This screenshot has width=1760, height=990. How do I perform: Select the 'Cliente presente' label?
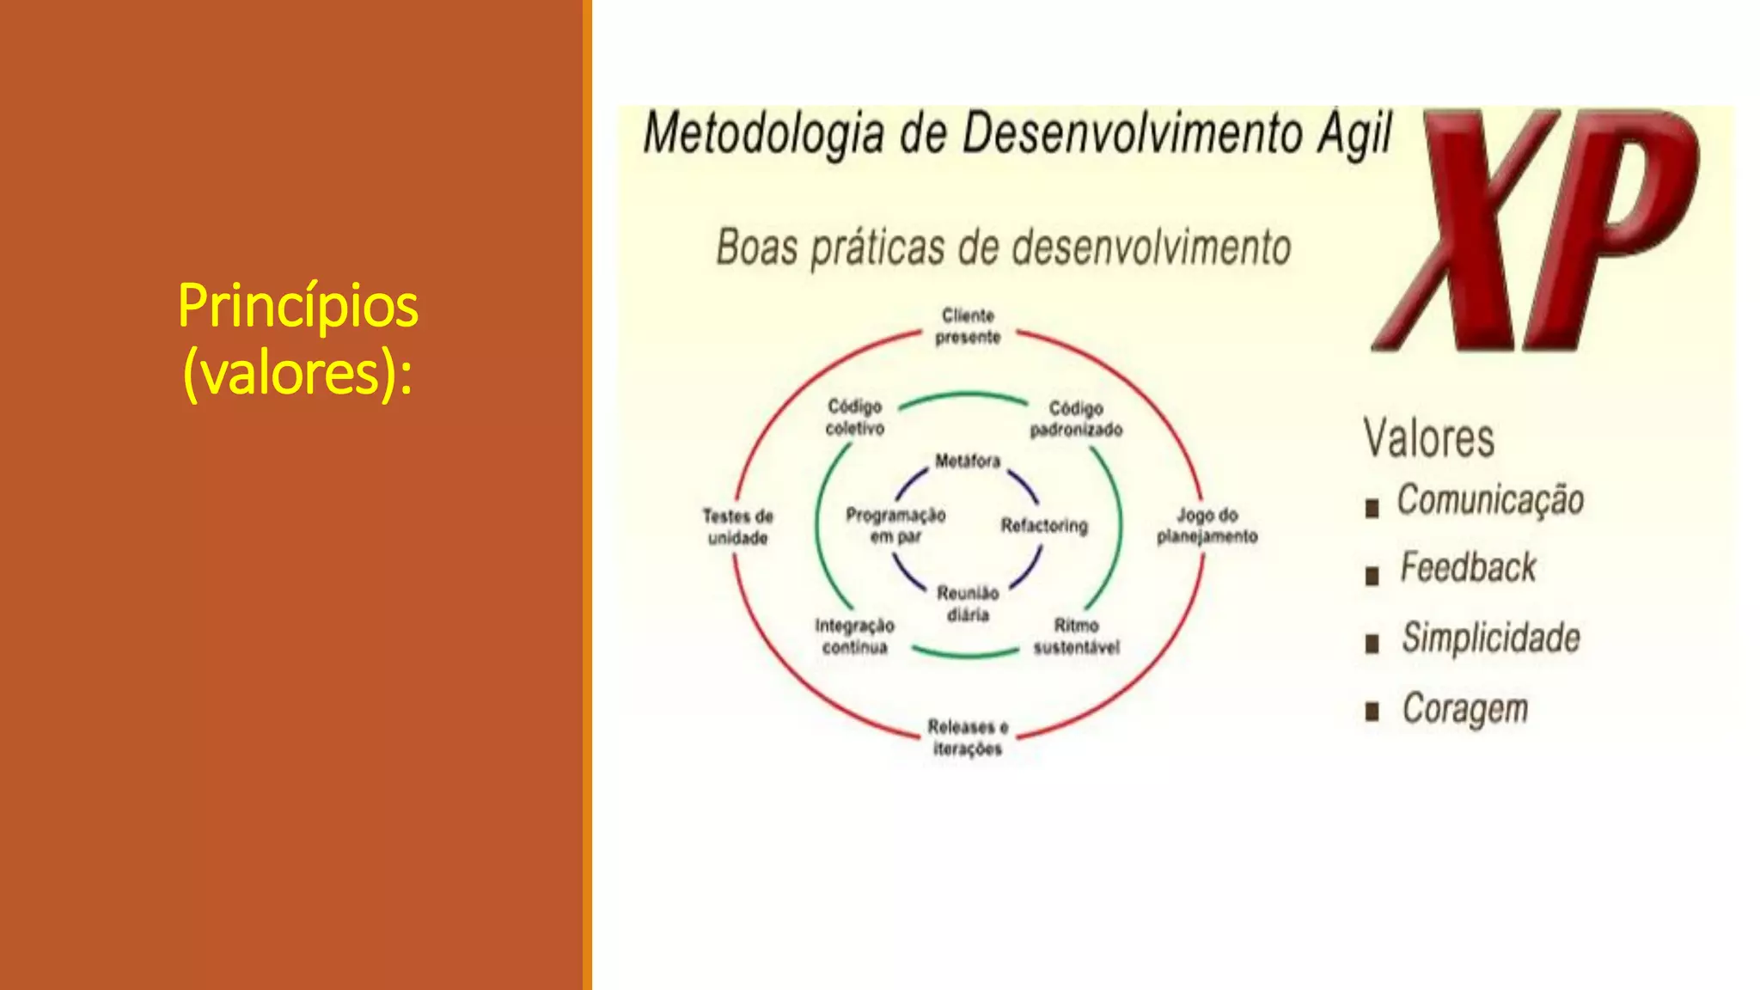(968, 327)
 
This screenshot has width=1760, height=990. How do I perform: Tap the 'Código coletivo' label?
(854, 417)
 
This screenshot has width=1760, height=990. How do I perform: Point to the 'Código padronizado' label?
(1076, 419)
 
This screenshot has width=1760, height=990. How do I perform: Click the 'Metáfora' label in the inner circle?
(968, 461)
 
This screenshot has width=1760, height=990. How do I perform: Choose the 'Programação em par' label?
(895, 525)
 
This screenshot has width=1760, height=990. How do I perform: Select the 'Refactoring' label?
(1044, 525)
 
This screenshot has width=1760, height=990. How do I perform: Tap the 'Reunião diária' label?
(968, 603)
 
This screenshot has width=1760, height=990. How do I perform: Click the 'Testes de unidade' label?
(737, 527)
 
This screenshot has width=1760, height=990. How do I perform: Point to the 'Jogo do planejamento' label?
(1207, 525)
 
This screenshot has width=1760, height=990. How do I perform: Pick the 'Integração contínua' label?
(854, 636)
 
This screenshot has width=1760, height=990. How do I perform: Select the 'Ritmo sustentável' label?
(1076, 636)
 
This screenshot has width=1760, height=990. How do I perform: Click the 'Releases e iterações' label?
(968, 737)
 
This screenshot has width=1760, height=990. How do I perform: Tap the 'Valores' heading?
(1428, 438)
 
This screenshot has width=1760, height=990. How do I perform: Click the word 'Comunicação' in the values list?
(1490, 500)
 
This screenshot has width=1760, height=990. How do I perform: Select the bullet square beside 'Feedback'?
(1372, 576)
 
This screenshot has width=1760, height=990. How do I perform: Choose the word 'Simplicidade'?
(1491, 638)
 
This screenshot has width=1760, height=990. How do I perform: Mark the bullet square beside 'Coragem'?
(1372, 712)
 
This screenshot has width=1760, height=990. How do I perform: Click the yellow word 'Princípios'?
(297, 306)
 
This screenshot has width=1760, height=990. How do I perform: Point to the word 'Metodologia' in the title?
(764, 135)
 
